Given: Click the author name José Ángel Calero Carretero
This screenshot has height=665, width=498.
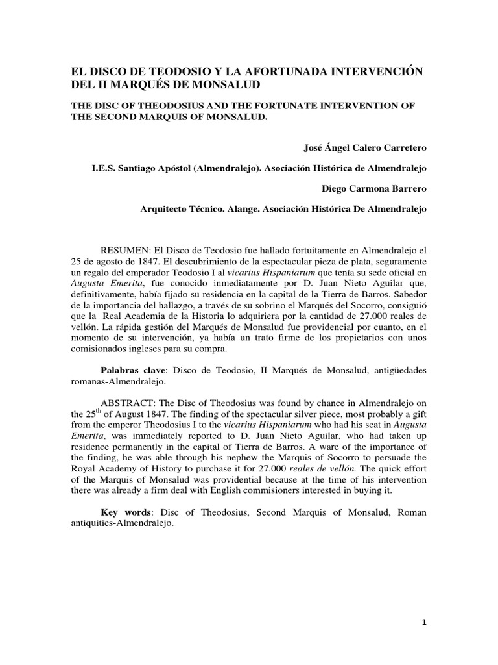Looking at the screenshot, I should click(x=366, y=147).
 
